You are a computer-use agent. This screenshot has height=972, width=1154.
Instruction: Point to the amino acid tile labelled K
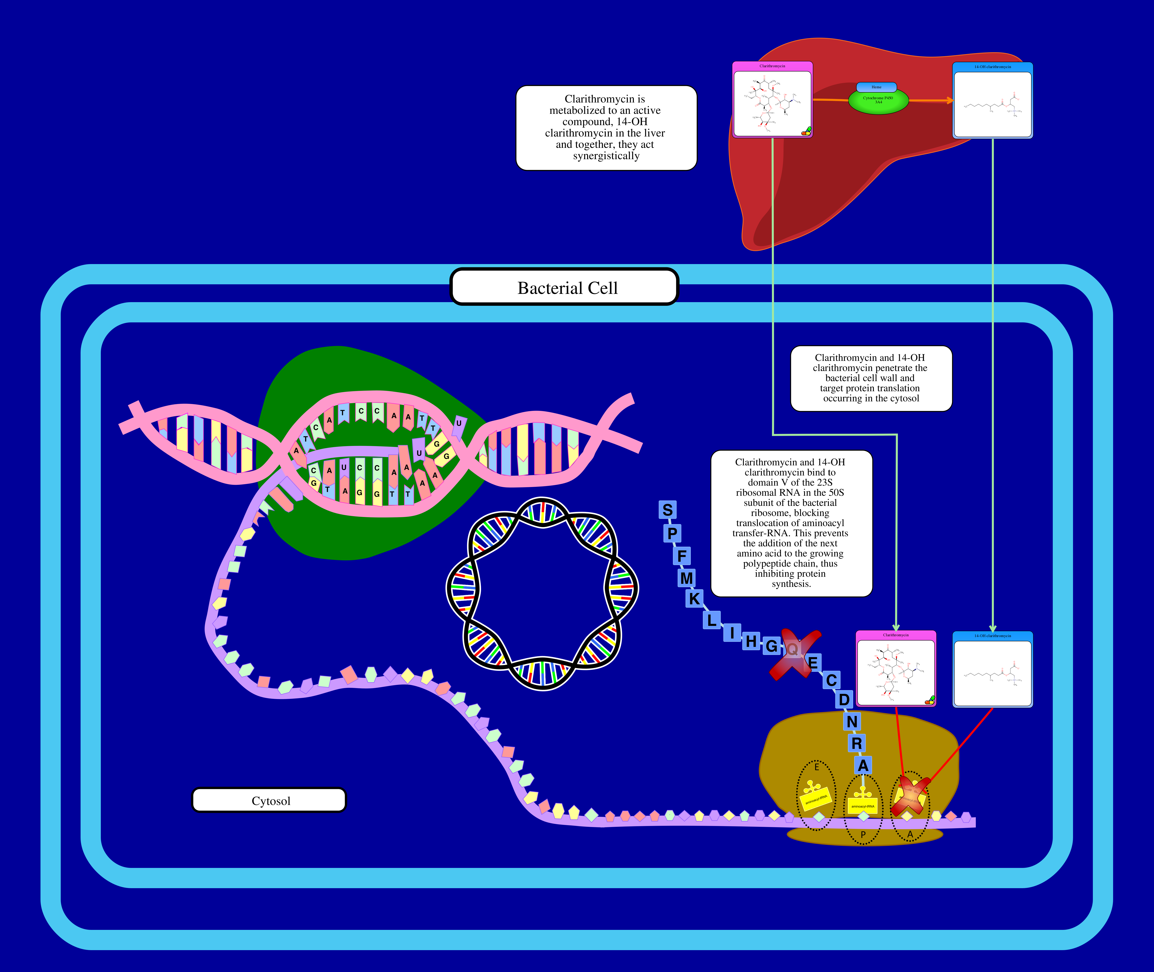695,598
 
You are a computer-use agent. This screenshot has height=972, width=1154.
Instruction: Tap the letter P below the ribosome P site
863,835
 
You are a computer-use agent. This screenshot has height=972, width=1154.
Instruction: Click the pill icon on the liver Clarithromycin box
806,131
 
